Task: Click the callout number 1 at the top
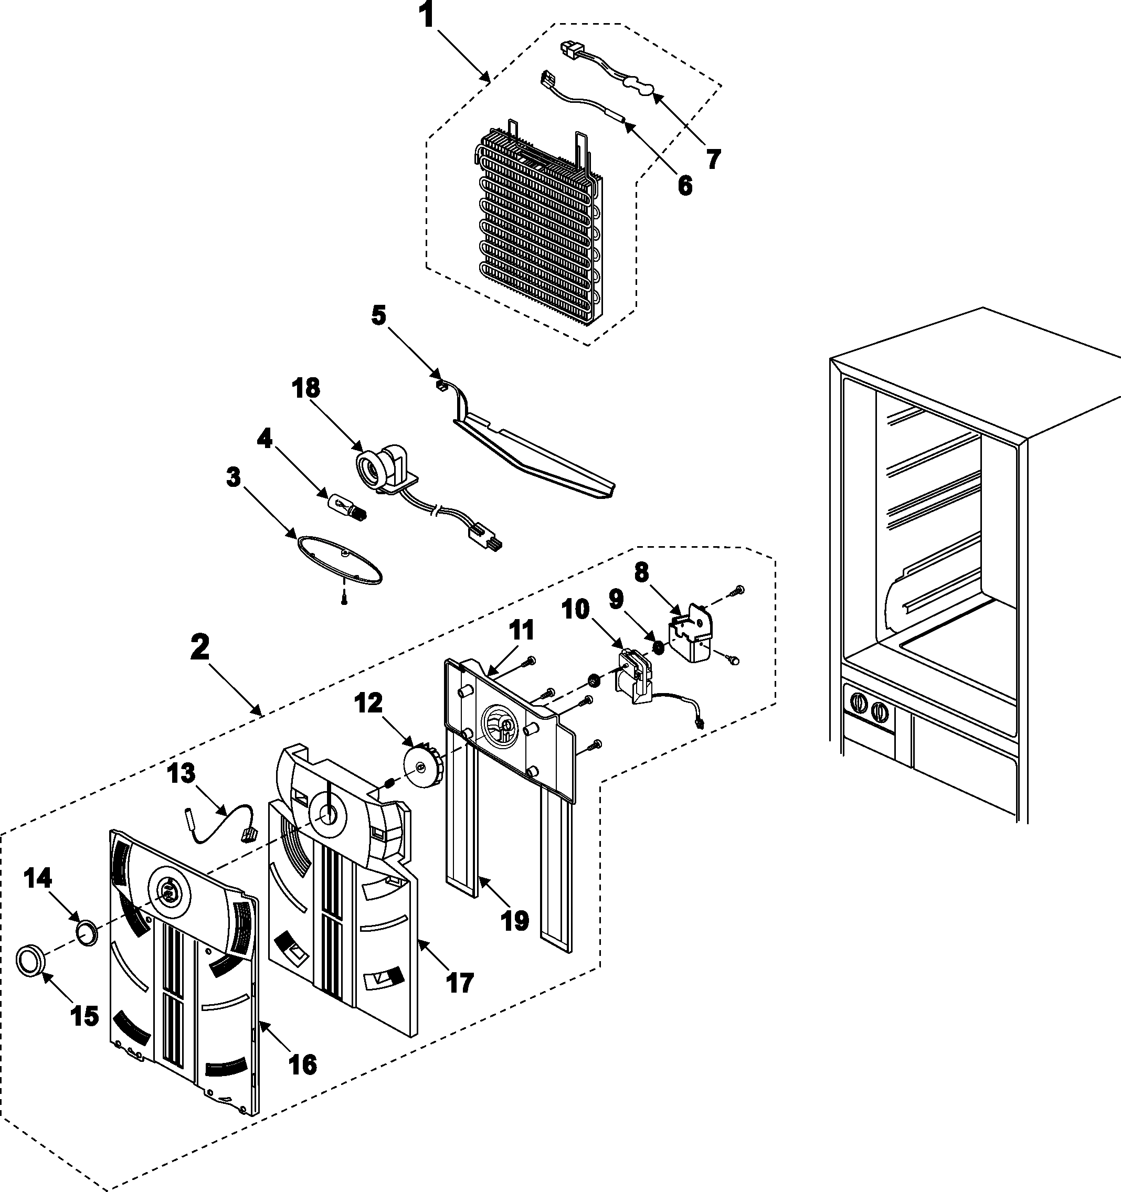(427, 16)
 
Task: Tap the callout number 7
(712, 159)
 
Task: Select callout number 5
(378, 315)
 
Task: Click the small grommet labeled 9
(658, 647)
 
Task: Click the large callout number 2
(200, 648)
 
